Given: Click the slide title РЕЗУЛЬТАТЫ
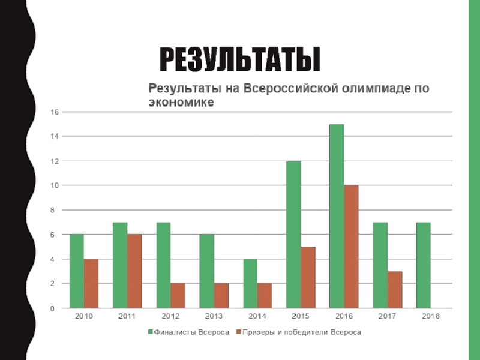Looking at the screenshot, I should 239,59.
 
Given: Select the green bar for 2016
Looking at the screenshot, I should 337,216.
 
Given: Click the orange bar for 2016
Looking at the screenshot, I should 351,247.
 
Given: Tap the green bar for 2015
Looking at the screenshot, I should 293,235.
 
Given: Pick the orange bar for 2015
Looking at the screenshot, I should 308,277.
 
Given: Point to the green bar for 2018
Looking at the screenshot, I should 424,265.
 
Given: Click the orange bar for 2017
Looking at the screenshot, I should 395,290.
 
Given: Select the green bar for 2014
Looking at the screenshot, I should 250,284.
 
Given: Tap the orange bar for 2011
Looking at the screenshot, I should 134,271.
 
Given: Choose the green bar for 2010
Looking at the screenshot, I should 77,271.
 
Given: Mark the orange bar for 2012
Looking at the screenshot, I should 178,296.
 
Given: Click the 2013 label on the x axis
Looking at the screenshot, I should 214,316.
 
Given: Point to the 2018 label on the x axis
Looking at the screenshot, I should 430,316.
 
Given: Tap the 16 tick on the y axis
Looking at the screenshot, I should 55,112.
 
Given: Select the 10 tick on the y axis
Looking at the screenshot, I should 55,185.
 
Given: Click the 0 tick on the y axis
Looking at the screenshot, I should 57,308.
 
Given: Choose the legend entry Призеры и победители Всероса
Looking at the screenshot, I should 300,332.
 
